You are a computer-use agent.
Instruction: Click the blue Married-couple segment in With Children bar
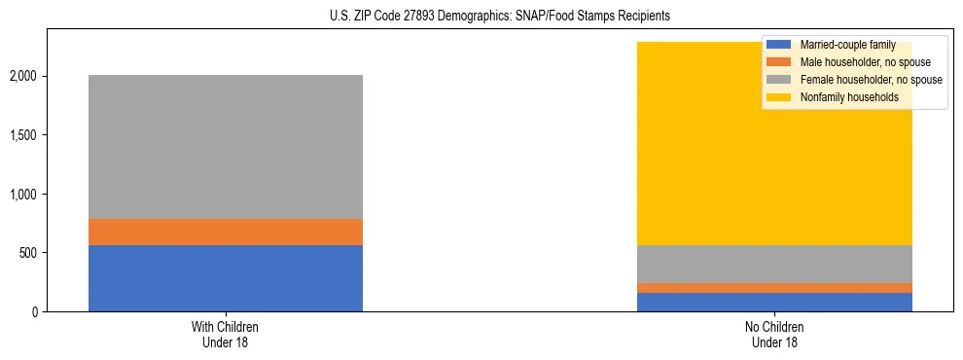pyautogui.click(x=225, y=278)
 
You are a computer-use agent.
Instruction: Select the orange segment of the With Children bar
pyautogui.click(x=225, y=232)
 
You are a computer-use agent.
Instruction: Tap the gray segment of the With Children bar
pyautogui.click(x=225, y=147)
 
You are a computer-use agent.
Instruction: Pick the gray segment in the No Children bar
pyautogui.click(x=774, y=264)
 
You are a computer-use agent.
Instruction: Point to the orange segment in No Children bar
pyautogui.click(x=774, y=288)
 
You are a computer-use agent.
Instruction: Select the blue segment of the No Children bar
pyautogui.click(x=774, y=303)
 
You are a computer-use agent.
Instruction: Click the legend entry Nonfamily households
pyautogui.click(x=849, y=97)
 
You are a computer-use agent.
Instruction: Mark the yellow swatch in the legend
pyautogui.click(x=779, y=97)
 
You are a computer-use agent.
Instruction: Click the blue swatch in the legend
pyautogui.click(x=779, y=45)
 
